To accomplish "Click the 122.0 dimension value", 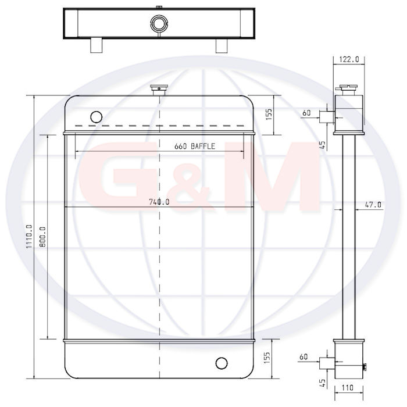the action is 349,60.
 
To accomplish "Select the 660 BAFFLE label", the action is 195,146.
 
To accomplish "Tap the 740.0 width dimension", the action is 159,202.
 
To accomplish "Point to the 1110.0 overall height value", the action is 29,236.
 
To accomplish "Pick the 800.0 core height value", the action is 43,237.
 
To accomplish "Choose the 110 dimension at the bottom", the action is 347,388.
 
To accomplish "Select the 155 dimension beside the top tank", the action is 269,114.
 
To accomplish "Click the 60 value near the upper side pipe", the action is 306,113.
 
